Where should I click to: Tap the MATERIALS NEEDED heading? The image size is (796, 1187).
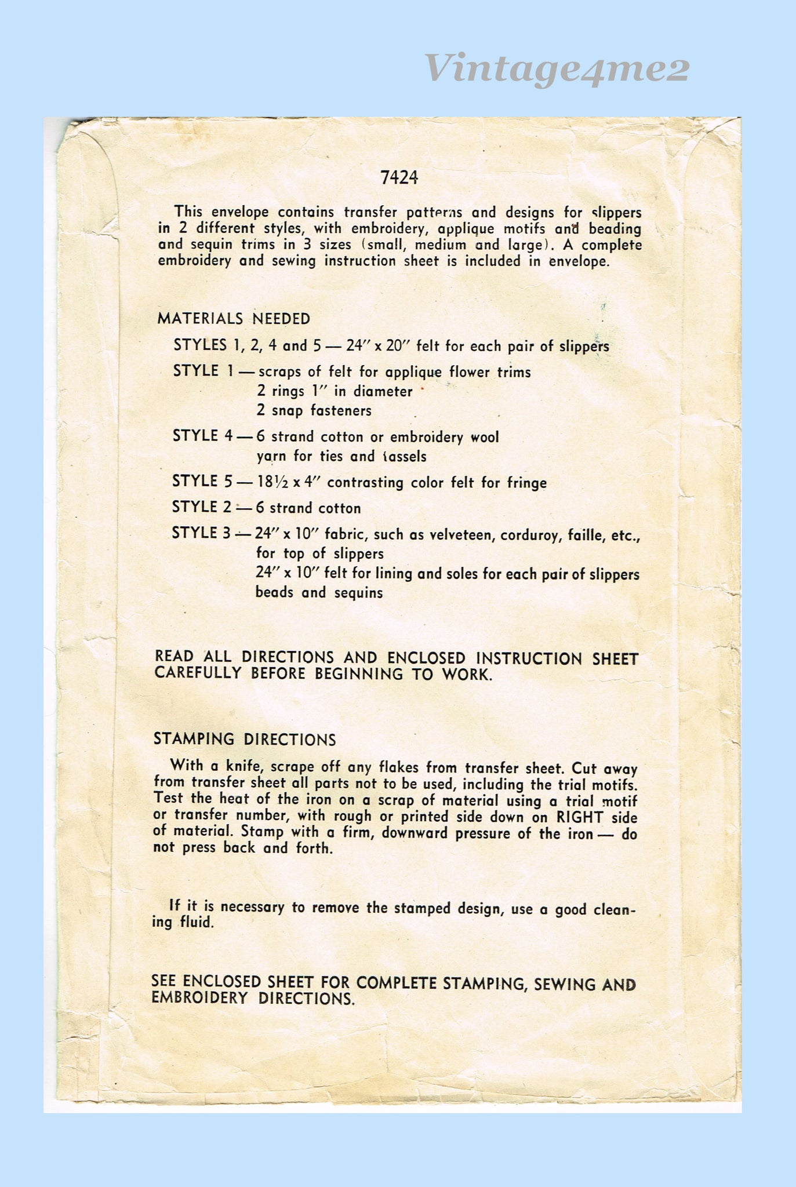tap(234, 318)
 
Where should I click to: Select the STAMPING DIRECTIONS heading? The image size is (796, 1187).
tap(245, 740)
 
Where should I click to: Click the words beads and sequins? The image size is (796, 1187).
tap(319, 592)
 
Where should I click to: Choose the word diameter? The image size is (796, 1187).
tap(383, 391)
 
